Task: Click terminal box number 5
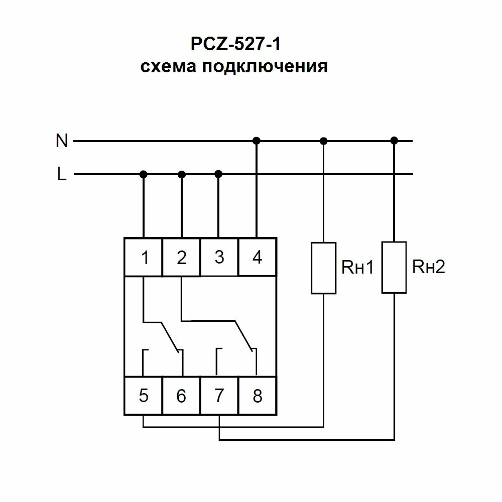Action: tap(144, 396)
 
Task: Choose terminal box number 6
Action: tap(182, 396)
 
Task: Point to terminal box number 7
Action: tap(219, 396)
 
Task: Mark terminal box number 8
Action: tap(257, 396)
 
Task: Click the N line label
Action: tap(62, 142)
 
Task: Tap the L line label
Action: tap(62, 175)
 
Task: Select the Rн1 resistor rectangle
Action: tap(323, 268)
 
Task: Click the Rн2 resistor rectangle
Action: tap(394, 267)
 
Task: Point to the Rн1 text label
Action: tap(358, 268)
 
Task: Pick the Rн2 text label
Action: tap(428, 267)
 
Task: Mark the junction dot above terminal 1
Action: tap(144, 174)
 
